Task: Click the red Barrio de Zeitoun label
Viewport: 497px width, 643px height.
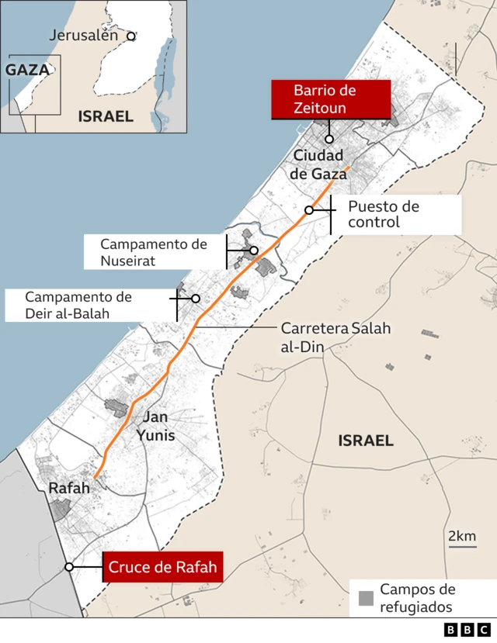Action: [x=330, y=99]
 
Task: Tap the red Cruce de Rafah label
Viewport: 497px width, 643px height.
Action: [x=163, y=567]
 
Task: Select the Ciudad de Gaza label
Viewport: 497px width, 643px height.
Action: [x=318, y=165]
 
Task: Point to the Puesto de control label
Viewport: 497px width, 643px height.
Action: [x=383, y=215]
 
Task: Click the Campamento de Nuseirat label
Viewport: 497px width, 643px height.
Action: [x=154, y=252]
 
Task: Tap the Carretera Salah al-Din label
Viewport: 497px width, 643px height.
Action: [x=335, y=337]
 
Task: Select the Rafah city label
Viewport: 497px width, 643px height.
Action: [x=69, y=488]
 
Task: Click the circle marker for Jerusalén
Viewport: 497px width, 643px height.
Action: [x=131, y=36]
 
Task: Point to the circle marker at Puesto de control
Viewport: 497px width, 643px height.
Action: [x=309, y=210]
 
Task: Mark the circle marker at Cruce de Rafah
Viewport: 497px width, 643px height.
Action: [x=69, y=567]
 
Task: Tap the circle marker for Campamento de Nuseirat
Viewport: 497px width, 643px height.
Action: [x=254, y=251]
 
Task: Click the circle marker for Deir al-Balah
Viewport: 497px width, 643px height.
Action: [x=196, y=299]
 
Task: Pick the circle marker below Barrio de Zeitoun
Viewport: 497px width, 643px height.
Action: [x=329, y=140]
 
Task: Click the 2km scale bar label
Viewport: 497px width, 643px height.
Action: [x=462, y=536]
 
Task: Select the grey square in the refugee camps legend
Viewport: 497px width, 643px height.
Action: [x=366, y=598]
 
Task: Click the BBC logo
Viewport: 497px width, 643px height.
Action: [x=467, y=630]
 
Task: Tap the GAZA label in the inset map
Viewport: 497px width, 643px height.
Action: [x=27, y=70]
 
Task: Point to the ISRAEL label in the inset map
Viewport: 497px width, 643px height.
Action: [x=106, y=116]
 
